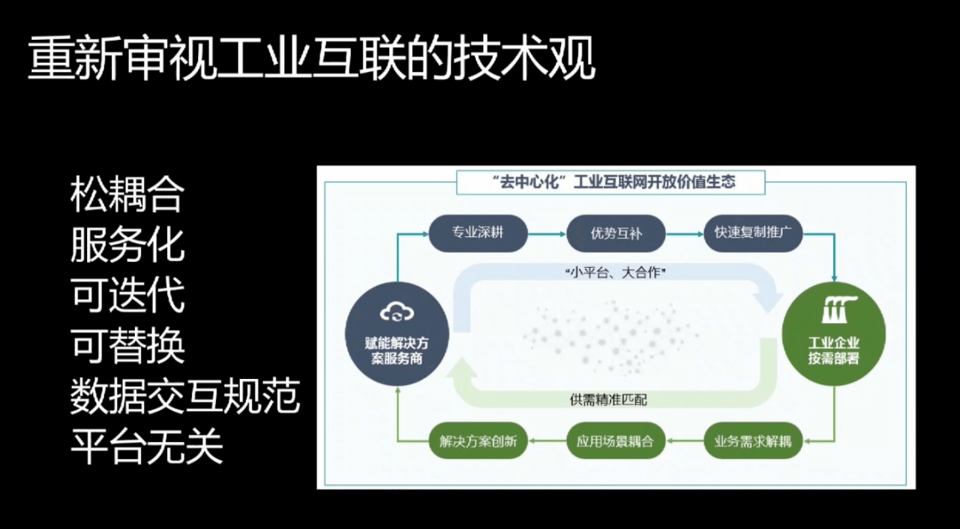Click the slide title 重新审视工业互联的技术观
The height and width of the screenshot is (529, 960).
[311, 59]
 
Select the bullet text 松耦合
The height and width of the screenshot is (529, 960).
[127, 195]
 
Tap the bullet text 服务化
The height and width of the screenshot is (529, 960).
[127, 245]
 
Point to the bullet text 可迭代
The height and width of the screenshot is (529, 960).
[127, 296]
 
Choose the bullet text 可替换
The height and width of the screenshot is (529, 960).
[127, 345]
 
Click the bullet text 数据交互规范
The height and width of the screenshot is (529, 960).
[184, 396]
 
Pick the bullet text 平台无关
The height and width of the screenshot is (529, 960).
[146, 446]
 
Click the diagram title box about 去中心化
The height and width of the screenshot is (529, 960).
[610, 182]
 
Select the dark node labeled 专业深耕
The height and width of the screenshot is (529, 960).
[478, 233]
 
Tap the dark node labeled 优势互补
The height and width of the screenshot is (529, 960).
[616, 233]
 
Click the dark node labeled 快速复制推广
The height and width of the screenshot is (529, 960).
[753, 233]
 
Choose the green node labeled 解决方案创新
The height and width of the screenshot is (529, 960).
[478, 440]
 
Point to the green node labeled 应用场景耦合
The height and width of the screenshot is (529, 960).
[616, 440]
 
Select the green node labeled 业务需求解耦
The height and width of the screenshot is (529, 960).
[753, 440]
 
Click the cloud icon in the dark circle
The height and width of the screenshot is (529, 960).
[397, 311]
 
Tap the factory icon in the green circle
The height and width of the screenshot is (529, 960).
[839, 309]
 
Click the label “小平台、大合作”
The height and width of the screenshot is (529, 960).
[616, 272]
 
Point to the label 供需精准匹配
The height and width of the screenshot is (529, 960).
[608, 399]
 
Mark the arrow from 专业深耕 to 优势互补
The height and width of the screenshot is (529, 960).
[547, 234]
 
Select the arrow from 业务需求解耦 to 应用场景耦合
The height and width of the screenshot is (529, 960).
[685, 440]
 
